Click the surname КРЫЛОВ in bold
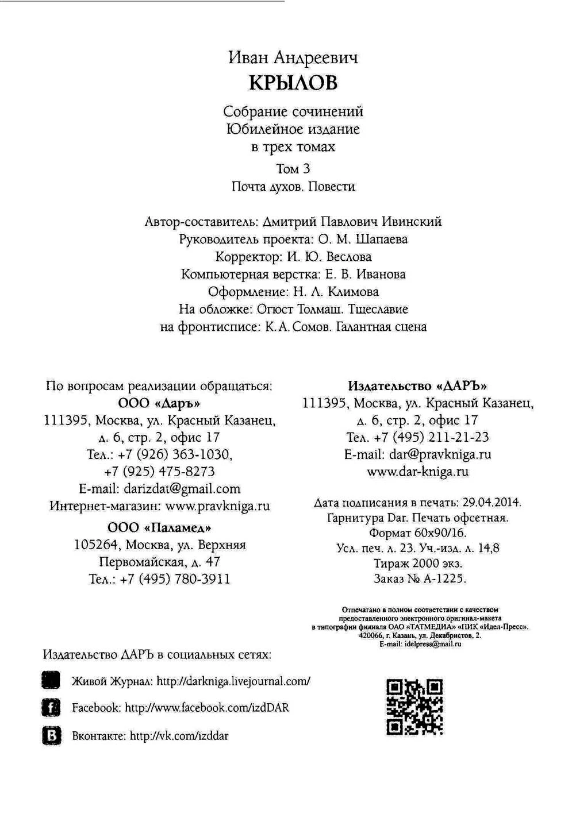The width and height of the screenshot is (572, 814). [293, 83]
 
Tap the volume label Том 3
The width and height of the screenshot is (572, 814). [293, 169]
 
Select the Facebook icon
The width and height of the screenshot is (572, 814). [51, 708]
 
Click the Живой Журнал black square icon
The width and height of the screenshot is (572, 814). [51, 681]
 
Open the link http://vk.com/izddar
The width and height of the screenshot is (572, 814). [179, 736]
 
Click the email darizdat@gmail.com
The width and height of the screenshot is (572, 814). [182, 489]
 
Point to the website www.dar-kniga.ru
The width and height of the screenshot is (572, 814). [417, 472]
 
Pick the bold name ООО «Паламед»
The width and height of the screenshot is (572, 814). [160, 527]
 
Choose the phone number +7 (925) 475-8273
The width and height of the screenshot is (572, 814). [160, 472]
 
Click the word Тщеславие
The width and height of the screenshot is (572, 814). [378, 309]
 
